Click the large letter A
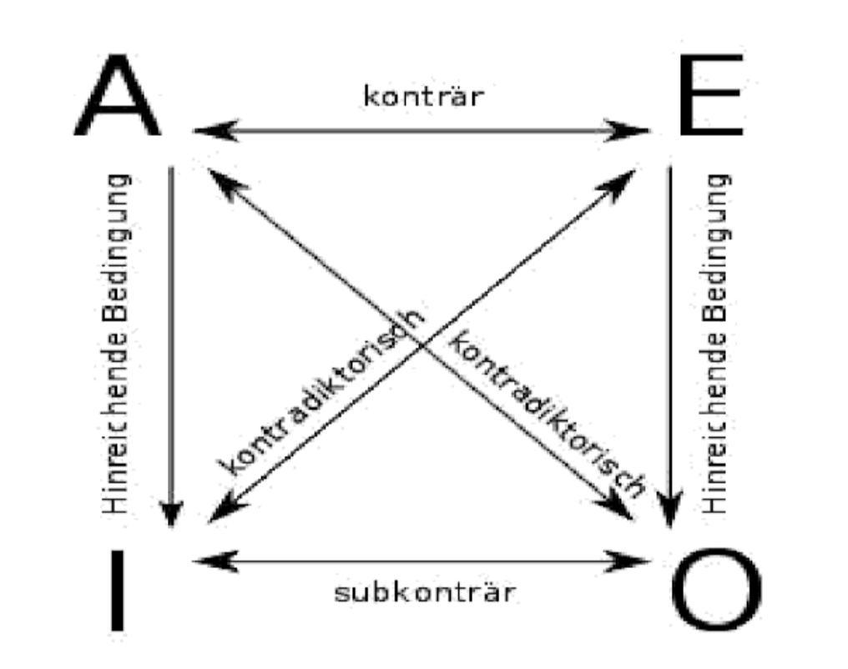[x=118, y=94]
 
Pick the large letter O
[x=717, y=590]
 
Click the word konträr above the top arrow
[x=423, y=96]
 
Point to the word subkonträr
[x=425, y=591]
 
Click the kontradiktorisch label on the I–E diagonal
[x=321, y=393]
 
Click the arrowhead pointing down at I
[x=171, y=514]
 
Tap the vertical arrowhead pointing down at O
[x=670, y=510]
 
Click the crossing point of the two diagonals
[x=421, y=345]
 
